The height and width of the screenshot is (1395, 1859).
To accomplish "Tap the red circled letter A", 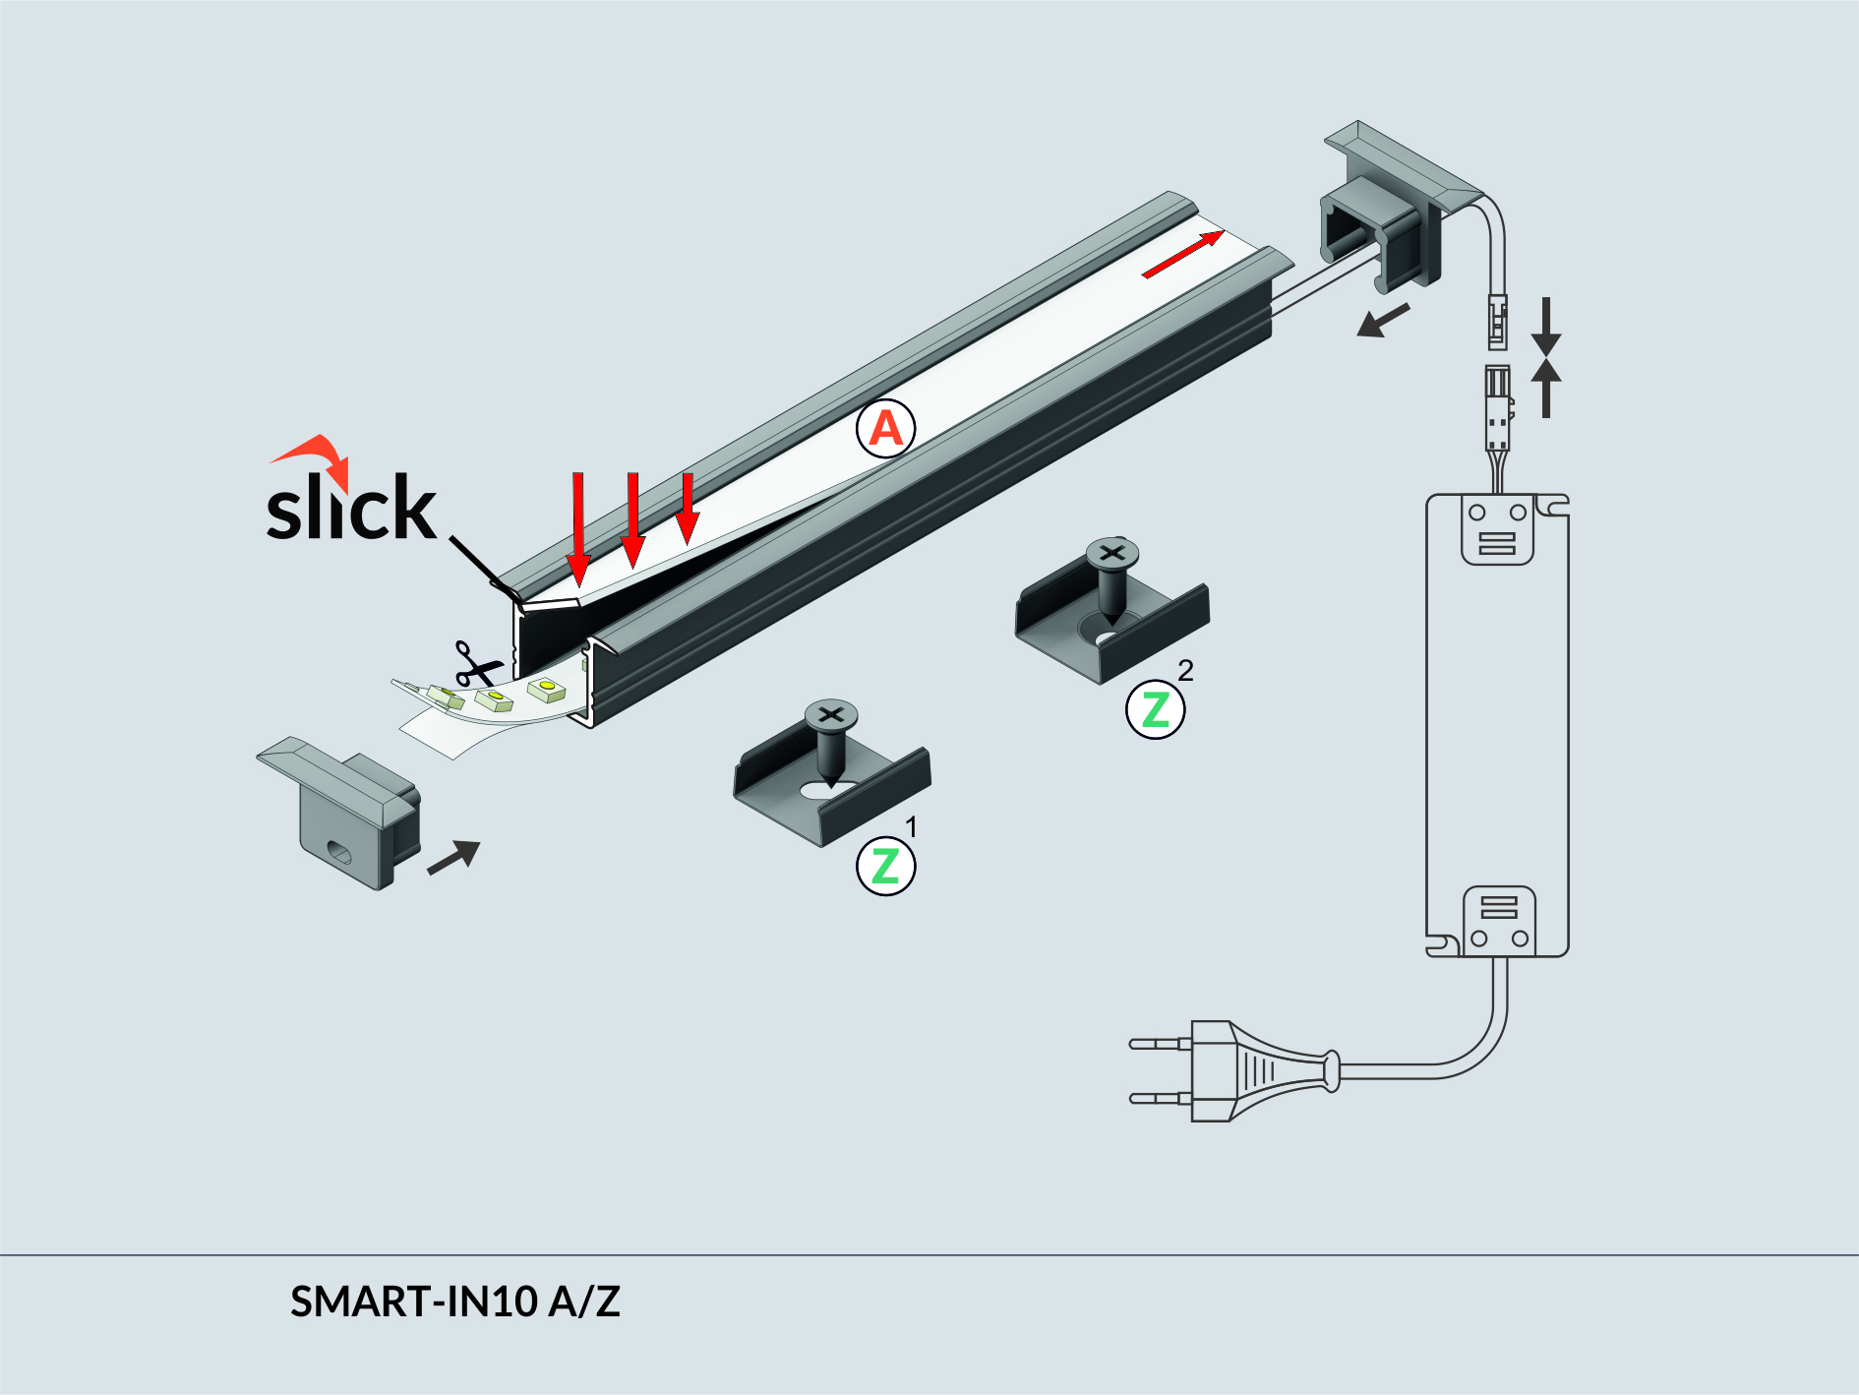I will pos(885,429).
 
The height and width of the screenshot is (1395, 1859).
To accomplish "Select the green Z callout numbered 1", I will pos(885,866).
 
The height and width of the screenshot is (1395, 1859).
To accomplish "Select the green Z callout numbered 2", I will pos(1155,709).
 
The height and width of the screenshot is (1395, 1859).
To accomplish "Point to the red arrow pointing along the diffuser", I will pos(1182,255).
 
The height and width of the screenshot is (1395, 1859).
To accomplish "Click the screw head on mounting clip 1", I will pos(831,715).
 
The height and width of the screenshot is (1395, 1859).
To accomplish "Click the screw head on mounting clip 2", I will pos(1111,554).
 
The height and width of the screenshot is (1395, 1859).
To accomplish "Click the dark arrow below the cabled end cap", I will pos(1383,321).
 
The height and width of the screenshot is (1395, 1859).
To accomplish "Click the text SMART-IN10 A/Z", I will pos(454,1302).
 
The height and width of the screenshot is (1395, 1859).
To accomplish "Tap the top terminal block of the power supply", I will pos(1497,530).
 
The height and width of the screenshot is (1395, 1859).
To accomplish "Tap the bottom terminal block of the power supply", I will pos(1498,921).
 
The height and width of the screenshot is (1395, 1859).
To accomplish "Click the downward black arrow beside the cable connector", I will pos(1545,325).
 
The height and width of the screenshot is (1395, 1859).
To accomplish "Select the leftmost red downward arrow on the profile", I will pos(578,527).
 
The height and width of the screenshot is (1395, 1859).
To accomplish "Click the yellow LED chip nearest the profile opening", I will pos(547,688).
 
